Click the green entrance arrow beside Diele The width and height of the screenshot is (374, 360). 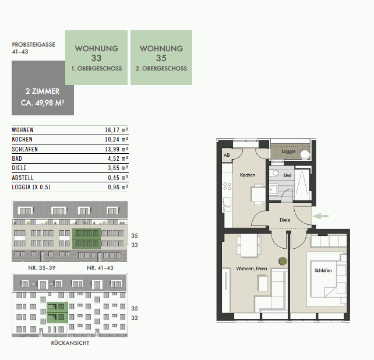click(320, 216)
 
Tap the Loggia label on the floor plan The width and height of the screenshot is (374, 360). click(288, 151)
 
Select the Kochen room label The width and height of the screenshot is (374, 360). click(248, 175)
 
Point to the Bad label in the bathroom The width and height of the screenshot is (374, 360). click(287, 175)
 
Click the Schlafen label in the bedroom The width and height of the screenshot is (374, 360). click(323, 270)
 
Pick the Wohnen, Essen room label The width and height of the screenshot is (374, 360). click(252, 269)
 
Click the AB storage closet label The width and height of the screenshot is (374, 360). click(227, 155)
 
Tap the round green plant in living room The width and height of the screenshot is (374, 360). click(283, 261)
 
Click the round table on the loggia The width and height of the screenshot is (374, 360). click(304, 154)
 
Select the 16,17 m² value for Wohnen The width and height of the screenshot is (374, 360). click(117, 130)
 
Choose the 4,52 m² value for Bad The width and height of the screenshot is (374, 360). click(118, 158)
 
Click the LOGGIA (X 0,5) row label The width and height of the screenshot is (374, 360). click(31, 187)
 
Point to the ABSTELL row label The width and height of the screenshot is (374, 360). click(23, 178)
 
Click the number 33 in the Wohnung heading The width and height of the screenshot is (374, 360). click(96, 58)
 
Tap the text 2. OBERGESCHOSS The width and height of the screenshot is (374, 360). click(161, 69)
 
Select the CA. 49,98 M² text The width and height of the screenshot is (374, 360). click(43, 103)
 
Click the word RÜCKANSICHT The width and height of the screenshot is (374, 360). click(70, 343)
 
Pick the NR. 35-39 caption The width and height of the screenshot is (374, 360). click(42, 268)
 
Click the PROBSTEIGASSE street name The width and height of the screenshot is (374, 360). click(34, 45)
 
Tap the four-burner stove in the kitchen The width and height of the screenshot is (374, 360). click(227, 186)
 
